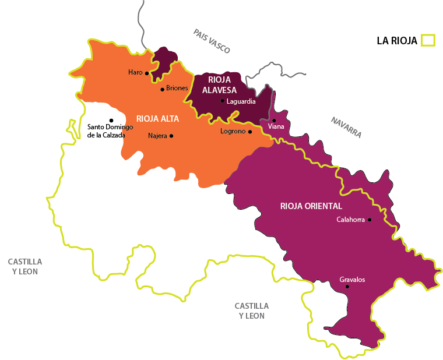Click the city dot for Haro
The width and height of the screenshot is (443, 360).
pos(147,73)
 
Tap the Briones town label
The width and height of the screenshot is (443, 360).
pos(177,89)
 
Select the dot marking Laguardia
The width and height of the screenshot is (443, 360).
pos(223,101)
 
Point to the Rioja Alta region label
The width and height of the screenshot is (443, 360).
pos(157,118)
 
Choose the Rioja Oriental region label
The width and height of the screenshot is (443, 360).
pos(311,206)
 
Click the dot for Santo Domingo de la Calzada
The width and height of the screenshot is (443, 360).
pos(111,120)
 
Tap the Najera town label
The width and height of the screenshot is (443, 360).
pos(157,136)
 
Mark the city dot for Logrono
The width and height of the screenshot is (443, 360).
pos(250,132)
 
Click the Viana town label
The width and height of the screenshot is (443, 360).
pos(276,126)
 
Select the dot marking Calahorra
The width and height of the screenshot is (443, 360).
pos(370,220)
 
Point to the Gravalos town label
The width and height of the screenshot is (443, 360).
pos(352,280)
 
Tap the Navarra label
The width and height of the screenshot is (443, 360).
pos(346,128)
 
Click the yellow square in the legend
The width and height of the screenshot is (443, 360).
pos(428,40)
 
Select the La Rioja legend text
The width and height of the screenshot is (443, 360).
pos(397,41)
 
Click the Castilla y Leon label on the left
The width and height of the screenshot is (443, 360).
pos(25,267)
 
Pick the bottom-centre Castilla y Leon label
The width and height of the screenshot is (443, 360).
pos(252,310)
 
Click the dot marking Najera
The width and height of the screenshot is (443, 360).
pos(171,136)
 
